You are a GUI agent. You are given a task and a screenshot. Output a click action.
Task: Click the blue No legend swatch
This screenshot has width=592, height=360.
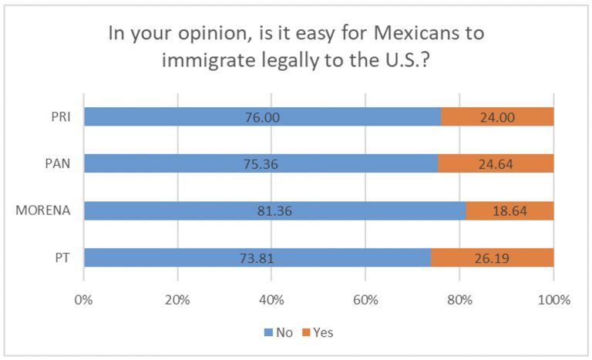(269, 333)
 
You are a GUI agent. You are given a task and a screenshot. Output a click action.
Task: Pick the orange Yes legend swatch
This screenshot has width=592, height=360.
(307, 333)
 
